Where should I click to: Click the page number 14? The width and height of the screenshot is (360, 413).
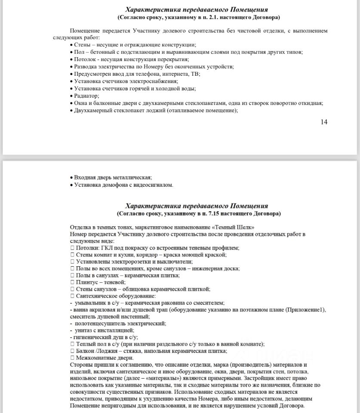point(324,122)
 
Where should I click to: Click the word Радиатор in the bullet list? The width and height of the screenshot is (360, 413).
point(86,96)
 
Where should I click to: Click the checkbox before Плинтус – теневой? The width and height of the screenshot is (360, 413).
point(72,282)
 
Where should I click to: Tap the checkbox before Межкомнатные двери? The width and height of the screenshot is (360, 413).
point(72,358)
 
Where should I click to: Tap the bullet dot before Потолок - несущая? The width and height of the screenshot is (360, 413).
point(71,59)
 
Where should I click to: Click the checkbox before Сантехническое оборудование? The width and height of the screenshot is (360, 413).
point(72,296)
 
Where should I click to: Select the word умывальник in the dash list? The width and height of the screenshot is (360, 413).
point(92,303)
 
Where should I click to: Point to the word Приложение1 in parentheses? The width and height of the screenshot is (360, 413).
point(308,310)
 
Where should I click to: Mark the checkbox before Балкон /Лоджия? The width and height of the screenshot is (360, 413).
point(72,351)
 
